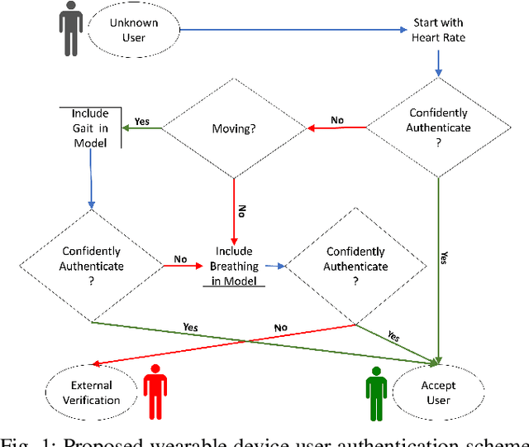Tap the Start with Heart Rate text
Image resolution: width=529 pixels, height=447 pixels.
point(438,31)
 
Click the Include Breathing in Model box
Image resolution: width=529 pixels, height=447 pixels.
point(233,266)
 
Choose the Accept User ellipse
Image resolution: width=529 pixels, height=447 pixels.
point(438,392)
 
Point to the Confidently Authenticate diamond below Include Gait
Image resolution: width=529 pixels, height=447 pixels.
point(91,266)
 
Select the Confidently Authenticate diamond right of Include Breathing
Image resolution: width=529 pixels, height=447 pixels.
point(356,266)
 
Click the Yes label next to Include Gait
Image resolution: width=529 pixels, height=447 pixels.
point(142,121)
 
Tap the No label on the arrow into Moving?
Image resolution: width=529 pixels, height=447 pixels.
point(337,121)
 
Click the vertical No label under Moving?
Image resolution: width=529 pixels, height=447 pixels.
point(242,212)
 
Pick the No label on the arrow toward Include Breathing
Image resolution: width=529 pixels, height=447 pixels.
point(181,259)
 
